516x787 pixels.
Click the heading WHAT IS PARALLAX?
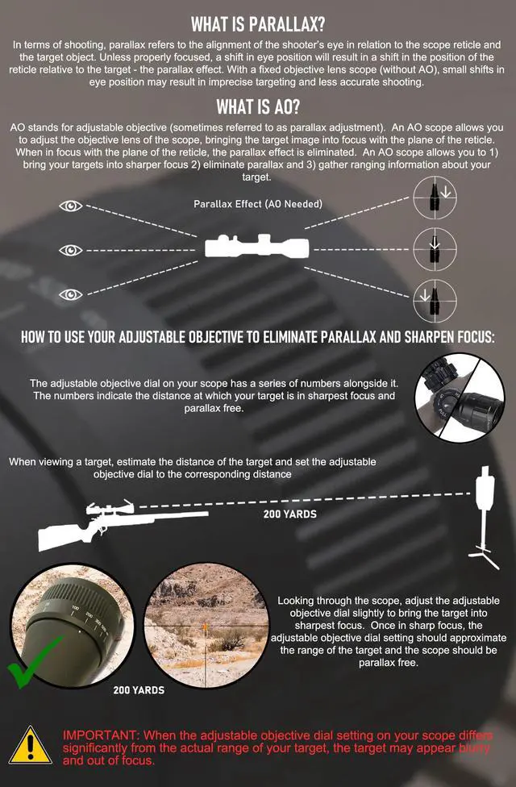(x=258, y=23)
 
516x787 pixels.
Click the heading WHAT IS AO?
(x=258, y=106)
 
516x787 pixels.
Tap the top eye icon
(x=71, y=206)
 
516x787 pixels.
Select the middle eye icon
(x=71, y=250)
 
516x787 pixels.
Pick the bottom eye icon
(x=71, y=294)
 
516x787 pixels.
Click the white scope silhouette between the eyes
(x=257, y=247)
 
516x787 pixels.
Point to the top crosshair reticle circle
(x=435, y=198)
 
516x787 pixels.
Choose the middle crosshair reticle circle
(x=435, y=249)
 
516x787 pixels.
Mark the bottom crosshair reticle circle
(x=435, y=301)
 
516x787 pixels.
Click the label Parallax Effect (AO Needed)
(x=258, y=204)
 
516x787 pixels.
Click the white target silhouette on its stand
(x=485, y=518)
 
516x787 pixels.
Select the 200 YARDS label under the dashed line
(x=290, y=514)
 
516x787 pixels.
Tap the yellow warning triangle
(x=30, y=746)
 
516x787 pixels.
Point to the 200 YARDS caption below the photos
(x=139, y=690)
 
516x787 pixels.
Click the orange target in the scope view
(x=206, y=627)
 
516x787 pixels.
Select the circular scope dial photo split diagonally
(x=460, y=398)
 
